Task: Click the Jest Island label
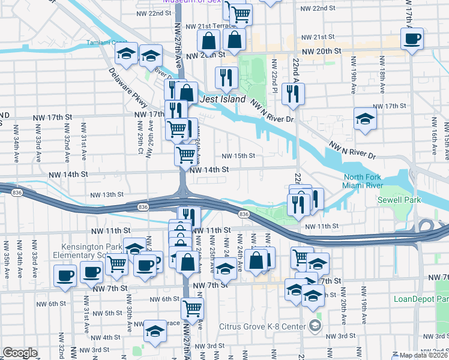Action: coord(223,99)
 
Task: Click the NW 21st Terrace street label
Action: coord(209,26)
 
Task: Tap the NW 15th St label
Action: coord(238,156)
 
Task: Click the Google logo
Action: coord(20,353)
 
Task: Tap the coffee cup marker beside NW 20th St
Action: coord(412,40)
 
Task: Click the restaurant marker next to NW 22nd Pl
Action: coord(293,93)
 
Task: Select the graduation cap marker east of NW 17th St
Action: coord(364,119)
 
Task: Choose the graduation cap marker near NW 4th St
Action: coord(155,331)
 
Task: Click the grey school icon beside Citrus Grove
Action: coord(315,326)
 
